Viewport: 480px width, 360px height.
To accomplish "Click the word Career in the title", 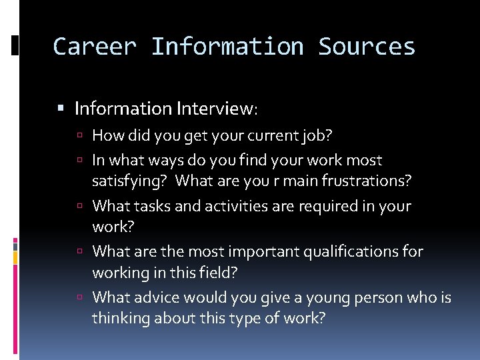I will tap(94, 47).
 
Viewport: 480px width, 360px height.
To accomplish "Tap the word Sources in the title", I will tap(367, 47).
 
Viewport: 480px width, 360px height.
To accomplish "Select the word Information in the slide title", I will tap(227, 47).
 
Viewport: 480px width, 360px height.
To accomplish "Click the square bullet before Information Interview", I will tap(62, 108).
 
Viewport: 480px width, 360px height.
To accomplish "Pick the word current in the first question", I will tap(262, 136).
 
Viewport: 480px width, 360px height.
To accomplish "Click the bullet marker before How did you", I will tap(79, 136).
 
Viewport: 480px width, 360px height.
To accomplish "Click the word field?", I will tap(220, 273).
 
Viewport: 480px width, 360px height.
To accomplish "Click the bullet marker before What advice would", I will tap(79, 297).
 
